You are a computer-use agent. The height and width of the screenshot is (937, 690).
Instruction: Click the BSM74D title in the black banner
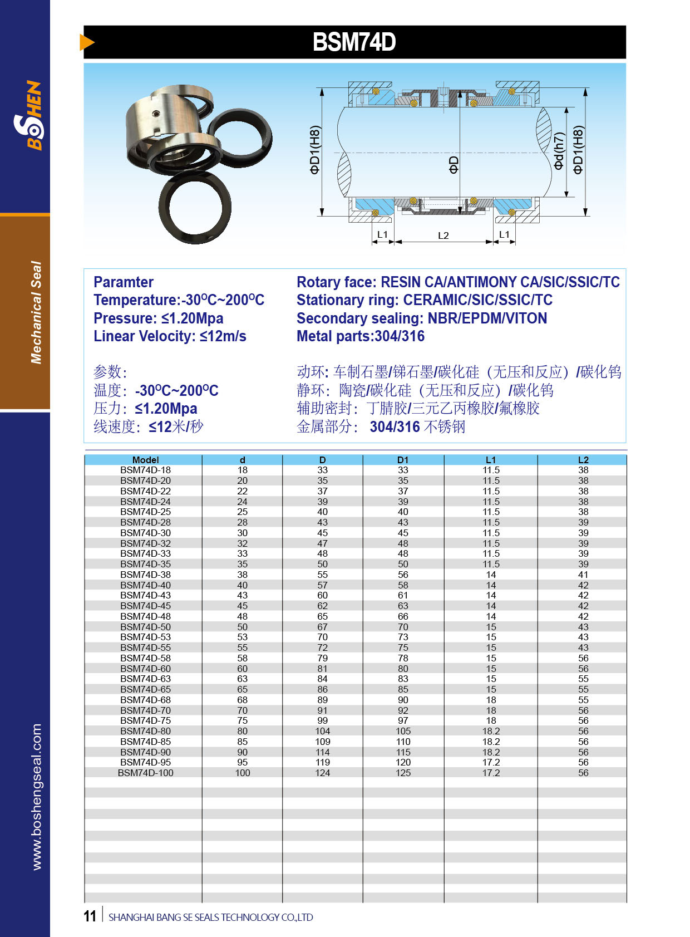coord(354,42)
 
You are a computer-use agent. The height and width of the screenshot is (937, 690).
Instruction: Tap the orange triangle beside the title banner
coord(86,42)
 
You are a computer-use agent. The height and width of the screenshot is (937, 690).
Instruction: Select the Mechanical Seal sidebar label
coord(36,312)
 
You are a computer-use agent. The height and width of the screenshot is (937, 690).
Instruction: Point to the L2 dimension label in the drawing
coord(443,236)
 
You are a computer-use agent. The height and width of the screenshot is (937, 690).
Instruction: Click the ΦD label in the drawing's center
coord(454,165)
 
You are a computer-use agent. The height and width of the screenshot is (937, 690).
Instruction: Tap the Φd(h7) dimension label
coord(559,151)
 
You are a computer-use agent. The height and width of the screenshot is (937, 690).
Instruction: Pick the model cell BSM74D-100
coord(145,773)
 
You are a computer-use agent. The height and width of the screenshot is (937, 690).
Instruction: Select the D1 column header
coord(403,460)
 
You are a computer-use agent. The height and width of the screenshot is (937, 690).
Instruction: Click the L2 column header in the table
coord(583,460)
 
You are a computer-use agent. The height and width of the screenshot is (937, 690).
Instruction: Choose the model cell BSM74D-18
coord(145,470)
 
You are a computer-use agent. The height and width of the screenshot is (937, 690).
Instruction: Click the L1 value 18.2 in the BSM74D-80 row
coord(491,731)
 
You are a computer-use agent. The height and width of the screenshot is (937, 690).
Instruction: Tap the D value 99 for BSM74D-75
coord(323,720)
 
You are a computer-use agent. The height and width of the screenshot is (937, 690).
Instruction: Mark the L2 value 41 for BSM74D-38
coord(583,575)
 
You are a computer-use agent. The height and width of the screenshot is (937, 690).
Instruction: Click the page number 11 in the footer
coord(90,916)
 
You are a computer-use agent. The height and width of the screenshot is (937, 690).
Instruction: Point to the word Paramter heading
coord(124,282)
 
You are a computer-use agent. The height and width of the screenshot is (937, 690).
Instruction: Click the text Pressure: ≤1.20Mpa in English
coord(159,318)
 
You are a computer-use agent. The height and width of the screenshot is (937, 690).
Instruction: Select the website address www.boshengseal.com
coord(37,797)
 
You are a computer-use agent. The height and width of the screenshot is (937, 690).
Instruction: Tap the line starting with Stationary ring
coord(425,300)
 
